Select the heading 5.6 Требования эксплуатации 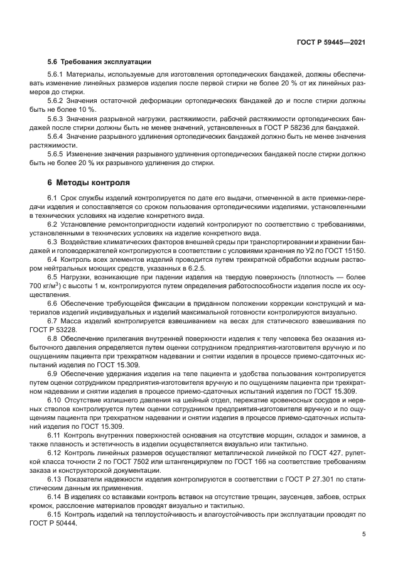pyautogui.click(x=99, y=62)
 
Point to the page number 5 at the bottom pyautogui.click(x=364, y=534)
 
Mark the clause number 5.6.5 pyautogui.click(x=58, y=154)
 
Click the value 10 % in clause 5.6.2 pyautogui.click(x=89, y=109)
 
